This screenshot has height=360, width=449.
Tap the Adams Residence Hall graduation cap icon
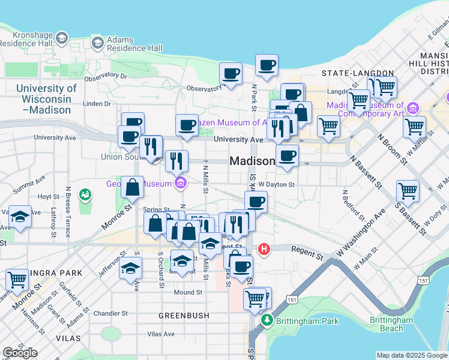97,43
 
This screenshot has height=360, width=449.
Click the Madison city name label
252,161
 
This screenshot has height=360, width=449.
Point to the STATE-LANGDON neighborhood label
349,73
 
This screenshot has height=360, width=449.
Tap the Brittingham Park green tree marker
267,320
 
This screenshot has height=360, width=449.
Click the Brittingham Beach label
391,324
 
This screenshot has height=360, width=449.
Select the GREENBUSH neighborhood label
184,315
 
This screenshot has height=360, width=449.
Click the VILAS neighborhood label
67,338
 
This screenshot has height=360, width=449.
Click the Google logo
20,353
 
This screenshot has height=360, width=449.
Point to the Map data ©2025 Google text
412,355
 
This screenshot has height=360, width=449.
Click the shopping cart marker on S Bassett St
408,191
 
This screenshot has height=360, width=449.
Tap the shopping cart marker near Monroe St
17,279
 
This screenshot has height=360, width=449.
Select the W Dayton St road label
276,185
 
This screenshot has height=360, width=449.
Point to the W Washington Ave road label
362,232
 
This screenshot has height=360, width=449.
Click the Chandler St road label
110,313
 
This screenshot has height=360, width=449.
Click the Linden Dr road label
93,103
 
